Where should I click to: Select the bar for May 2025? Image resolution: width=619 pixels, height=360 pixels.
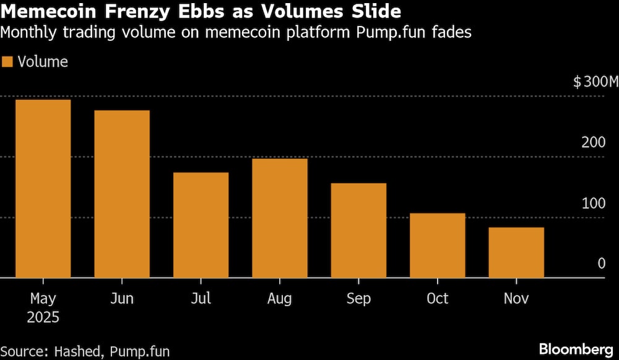click(43, 189)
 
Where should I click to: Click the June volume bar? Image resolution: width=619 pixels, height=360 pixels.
click(122, 194)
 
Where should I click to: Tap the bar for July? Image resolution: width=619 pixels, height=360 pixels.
click(201, 225)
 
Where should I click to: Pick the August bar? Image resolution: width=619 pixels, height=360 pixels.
click(280, 218)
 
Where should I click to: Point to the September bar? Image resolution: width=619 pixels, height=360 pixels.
click(358, 231)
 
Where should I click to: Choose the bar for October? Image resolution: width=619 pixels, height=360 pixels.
click(438, 246)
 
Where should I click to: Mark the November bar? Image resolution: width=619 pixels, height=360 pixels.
click(516, 253)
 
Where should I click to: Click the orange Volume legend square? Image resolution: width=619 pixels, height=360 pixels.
click(7, 62)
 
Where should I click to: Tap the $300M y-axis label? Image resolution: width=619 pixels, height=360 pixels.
click(595, 82)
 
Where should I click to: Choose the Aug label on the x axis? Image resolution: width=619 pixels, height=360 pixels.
click(280, 299)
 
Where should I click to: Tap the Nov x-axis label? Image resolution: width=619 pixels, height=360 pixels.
click(516, 299)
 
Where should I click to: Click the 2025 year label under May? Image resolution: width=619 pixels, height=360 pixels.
click(43, 318)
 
